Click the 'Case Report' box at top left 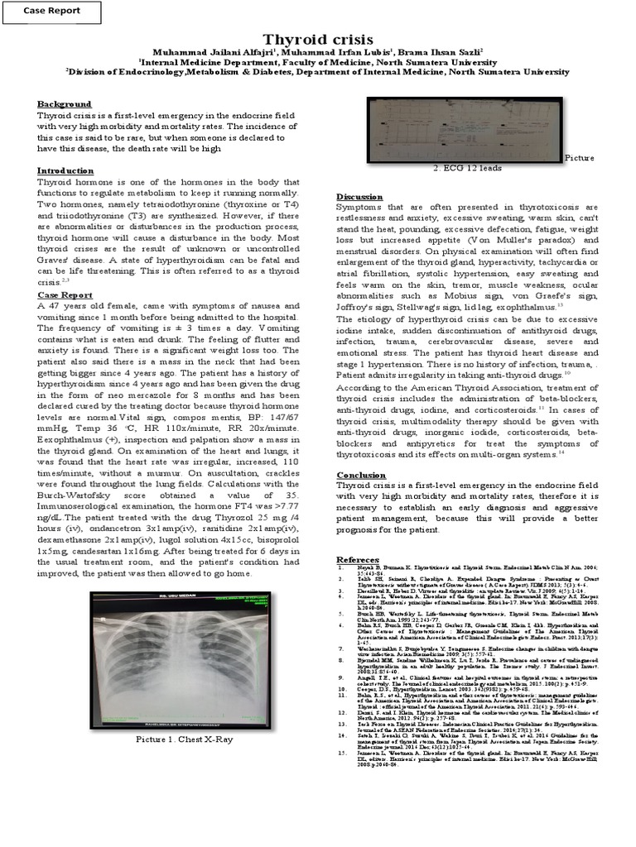[52, 11]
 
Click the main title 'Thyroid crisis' [317, 40]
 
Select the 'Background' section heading [65, 104]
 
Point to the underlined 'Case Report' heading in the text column [65, 294]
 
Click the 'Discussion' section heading [359, 195]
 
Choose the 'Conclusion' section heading [362, 474]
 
